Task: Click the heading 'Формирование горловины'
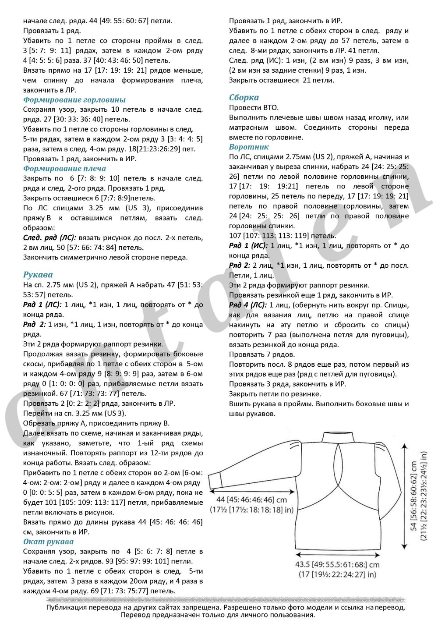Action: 74,100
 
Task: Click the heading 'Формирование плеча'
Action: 64,169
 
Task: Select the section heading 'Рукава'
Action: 38,275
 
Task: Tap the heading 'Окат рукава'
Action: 48,542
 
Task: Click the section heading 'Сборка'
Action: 244,97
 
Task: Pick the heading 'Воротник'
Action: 249,147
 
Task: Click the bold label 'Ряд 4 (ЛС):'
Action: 247,305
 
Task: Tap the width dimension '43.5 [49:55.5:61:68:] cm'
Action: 337,565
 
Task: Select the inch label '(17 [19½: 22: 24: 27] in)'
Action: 337,574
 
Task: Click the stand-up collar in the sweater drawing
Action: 338,437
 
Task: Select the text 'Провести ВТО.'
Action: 254,107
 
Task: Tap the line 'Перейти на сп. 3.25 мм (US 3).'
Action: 74,413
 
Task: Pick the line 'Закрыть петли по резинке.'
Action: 275,394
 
